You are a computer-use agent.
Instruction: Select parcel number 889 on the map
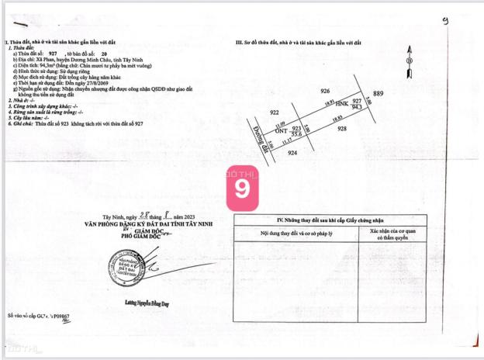coord(378,94)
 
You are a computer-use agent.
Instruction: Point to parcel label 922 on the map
coord(274,112)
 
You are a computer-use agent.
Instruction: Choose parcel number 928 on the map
coord(343,129)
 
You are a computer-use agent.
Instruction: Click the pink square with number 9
coord(243,187)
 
